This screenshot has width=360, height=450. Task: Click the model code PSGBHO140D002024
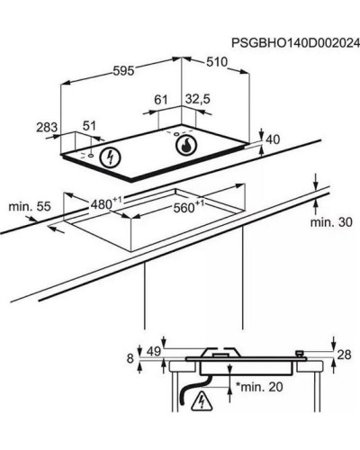click(295, 43)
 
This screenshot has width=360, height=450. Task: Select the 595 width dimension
click(123, 71)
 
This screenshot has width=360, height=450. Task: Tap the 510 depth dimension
click(217, 62)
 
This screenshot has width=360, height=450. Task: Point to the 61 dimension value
click(160, 100)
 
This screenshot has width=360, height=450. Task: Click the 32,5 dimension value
click(198, 99)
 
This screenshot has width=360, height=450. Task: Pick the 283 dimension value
click(47, 127)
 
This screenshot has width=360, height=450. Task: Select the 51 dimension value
click(89, 126)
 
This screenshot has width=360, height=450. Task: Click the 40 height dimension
click(273, 139)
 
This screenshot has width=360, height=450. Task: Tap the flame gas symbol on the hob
click(186, 145)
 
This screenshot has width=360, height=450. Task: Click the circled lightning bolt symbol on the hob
click(110, 157)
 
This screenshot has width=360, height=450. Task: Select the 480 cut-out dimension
click(106, 203)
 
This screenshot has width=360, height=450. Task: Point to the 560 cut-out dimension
click(189, 206)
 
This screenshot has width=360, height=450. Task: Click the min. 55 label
click(30, 206)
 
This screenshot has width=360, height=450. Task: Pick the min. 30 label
click(331, 222)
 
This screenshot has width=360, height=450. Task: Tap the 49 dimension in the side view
click(154, 351)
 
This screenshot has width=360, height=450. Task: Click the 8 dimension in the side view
click(130, 358)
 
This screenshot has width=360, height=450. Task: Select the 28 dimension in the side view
click(344, 355)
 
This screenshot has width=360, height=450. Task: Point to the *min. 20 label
click(259, 387)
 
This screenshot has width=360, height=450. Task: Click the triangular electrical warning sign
click(202, 400)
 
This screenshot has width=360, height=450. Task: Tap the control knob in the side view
click(300, 354)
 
